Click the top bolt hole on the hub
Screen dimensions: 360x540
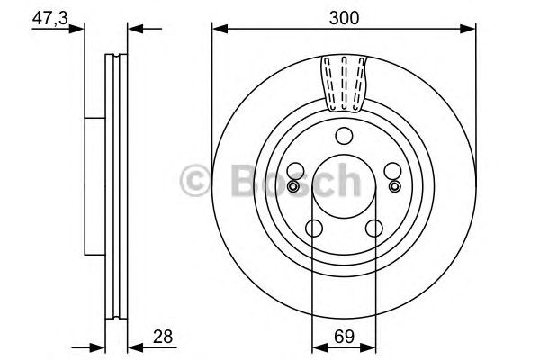coord(343,137)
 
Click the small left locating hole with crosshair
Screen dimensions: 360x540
coord(292,186)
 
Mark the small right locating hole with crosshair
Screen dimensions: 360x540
coord(393,186)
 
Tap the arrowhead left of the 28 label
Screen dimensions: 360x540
coord(132,346)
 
